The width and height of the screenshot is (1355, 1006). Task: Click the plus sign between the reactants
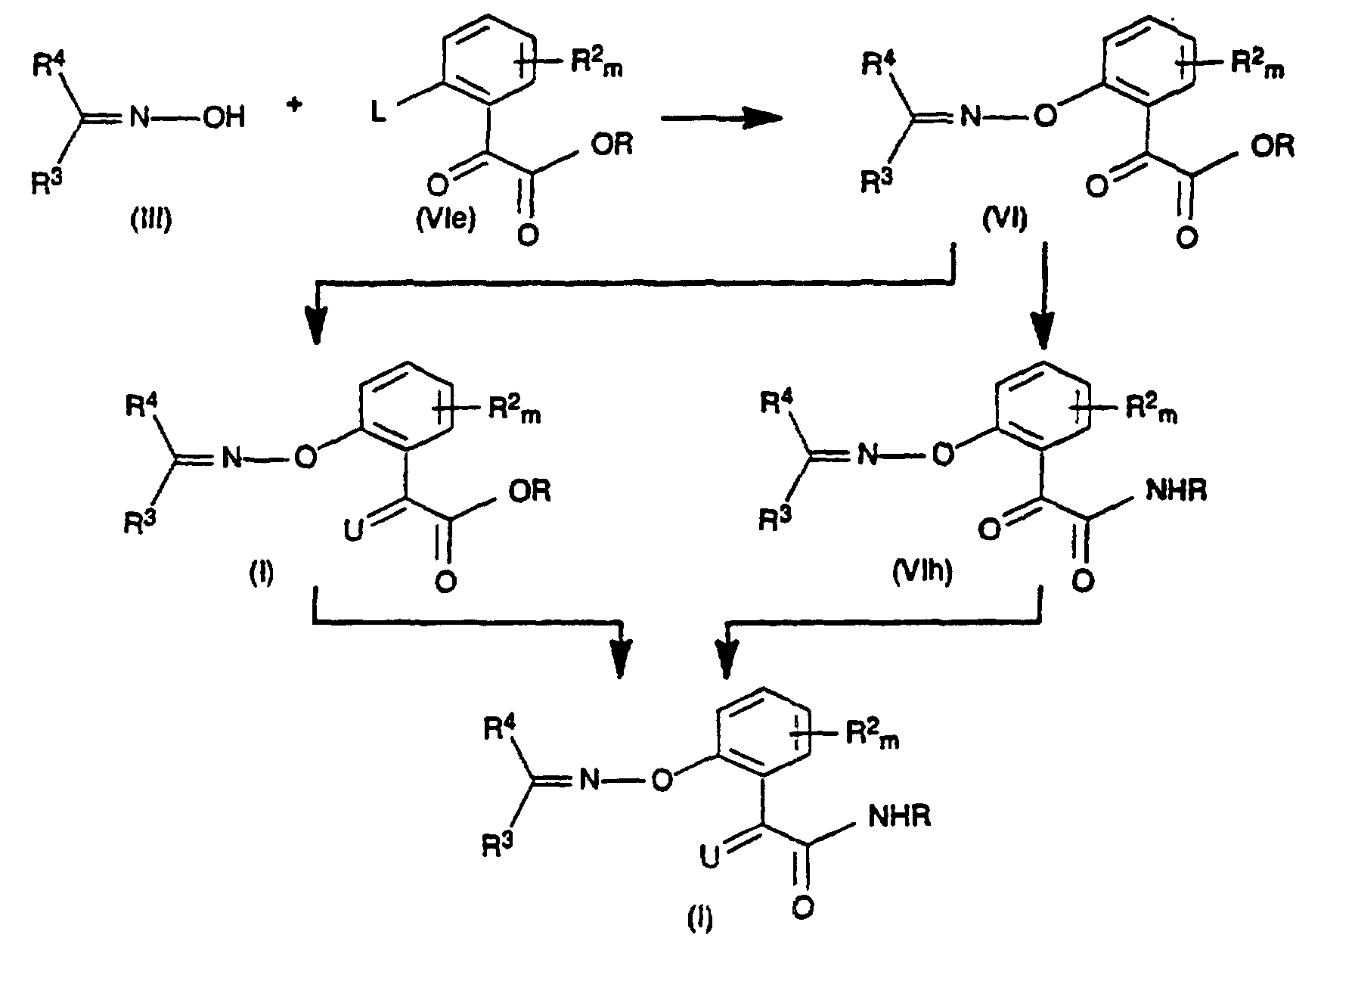point(295,107)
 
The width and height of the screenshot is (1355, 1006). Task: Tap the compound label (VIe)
point(446,221)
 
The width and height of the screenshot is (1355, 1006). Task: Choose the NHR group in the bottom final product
point(900,817)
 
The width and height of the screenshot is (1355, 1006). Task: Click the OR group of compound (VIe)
point(612,144)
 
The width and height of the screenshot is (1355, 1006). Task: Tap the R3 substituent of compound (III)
point(46,182)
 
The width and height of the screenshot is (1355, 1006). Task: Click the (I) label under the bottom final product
point(699,920)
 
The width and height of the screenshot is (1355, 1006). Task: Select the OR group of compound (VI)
point(1272,144)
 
